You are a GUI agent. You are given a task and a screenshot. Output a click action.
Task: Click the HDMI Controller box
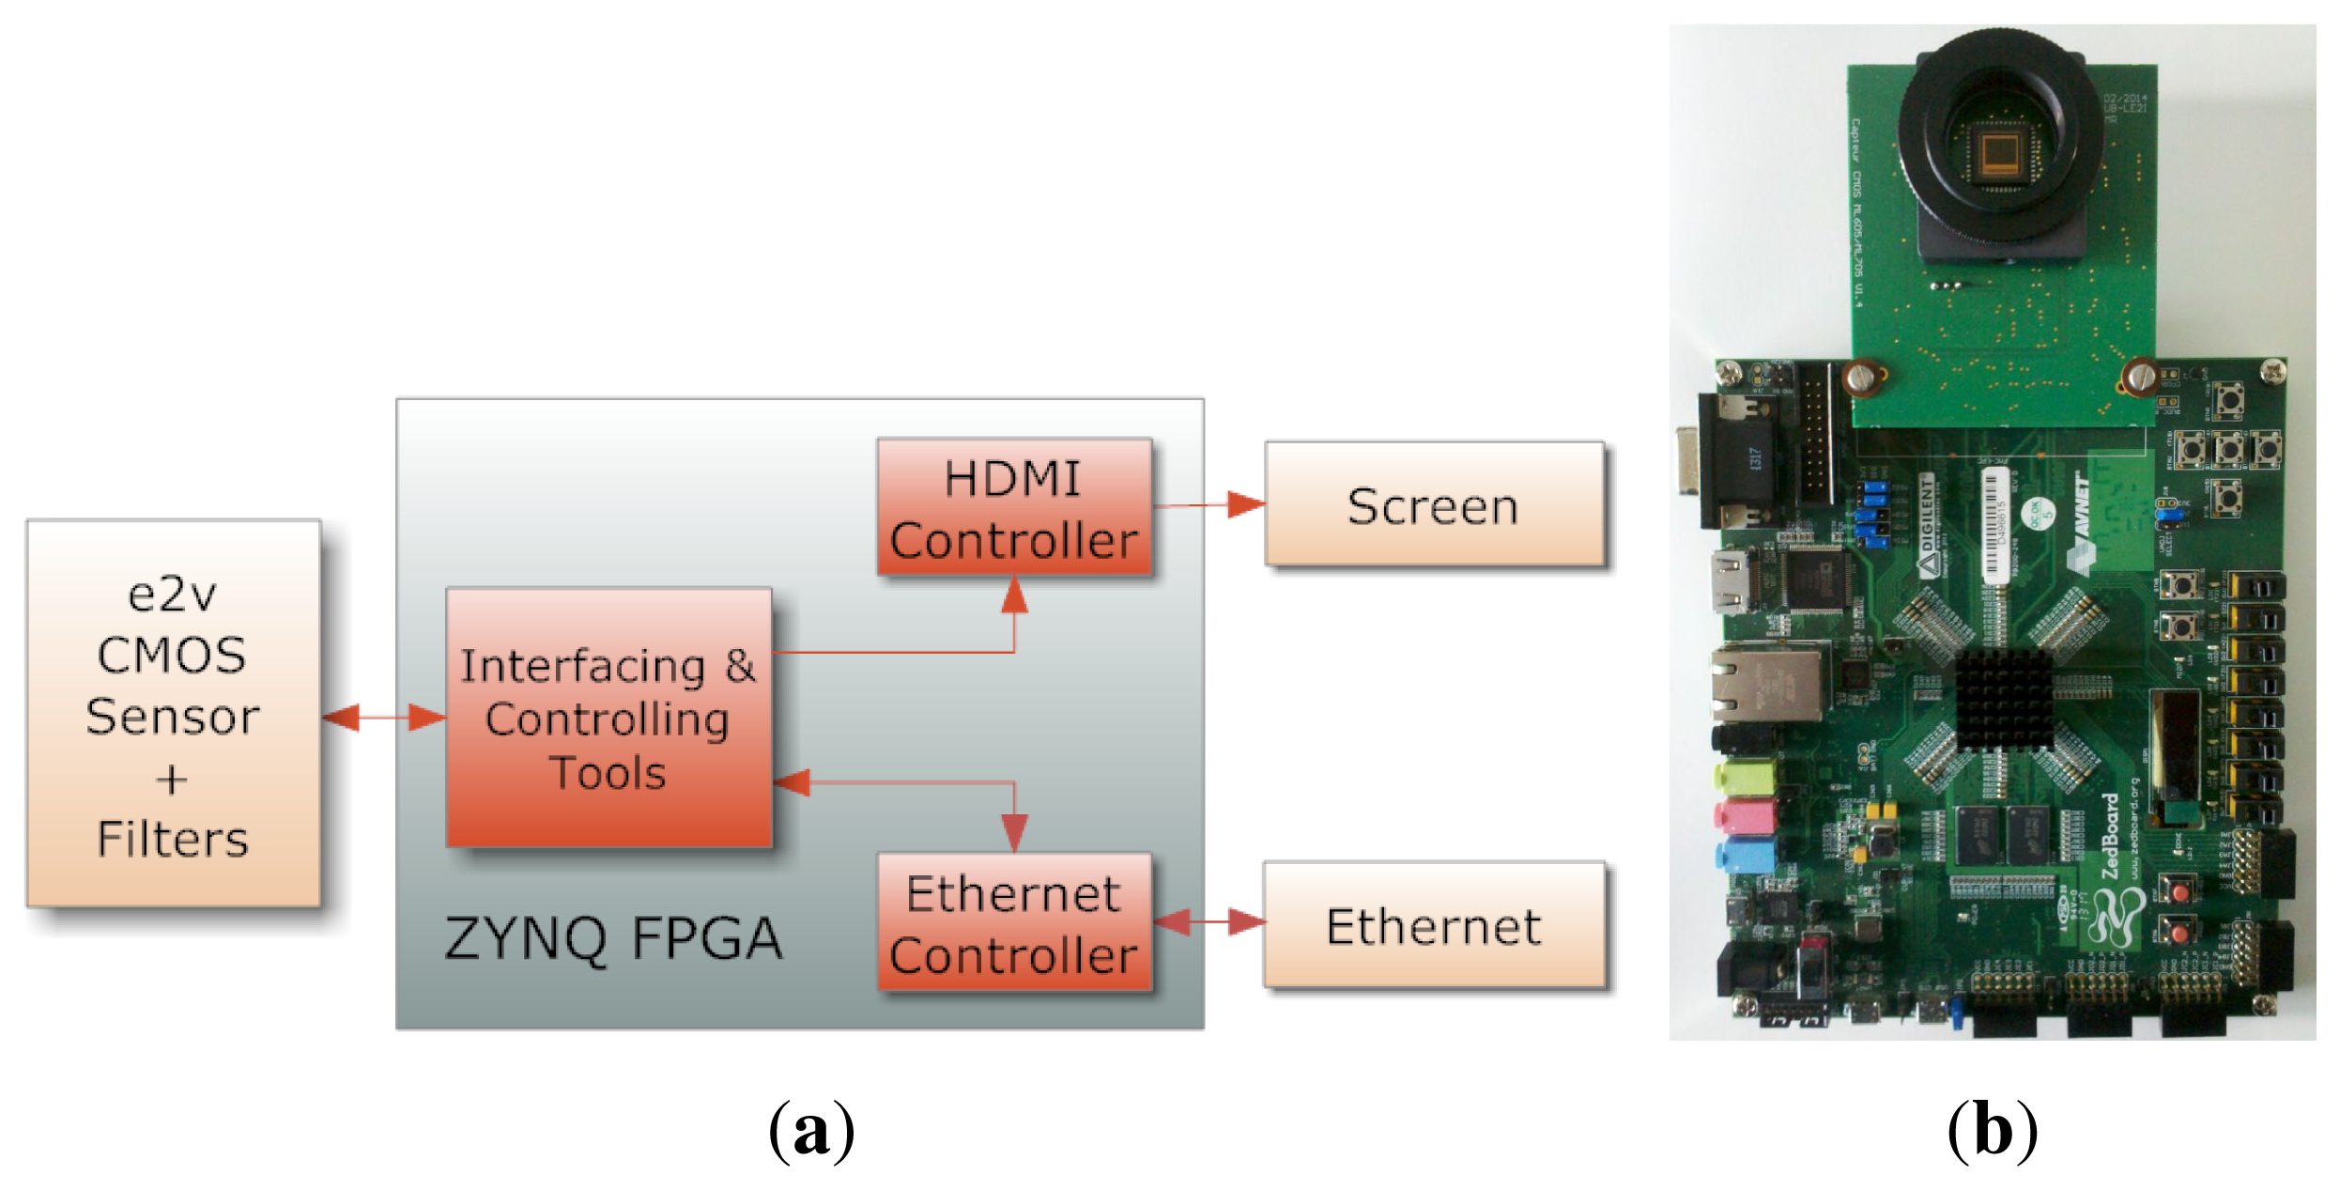[x=1014, y=507]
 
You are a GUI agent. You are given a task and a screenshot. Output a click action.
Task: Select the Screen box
[x=1434, y=504]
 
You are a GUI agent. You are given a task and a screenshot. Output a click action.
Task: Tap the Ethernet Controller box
[x=1014, y=923]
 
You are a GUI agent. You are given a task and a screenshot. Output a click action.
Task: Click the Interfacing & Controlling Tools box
[x=608, y=719]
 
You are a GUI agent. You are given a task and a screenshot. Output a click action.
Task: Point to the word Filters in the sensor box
[x=173, y=839]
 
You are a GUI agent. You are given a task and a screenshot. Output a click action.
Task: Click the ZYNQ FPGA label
[x=613, y=938]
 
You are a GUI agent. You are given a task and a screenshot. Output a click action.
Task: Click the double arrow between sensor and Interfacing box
[x=383, y=719]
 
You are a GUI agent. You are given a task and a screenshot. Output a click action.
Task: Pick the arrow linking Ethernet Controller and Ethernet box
[x=1209, y=922]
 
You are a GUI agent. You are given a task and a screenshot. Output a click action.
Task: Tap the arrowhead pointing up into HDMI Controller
[x=1014, y=595]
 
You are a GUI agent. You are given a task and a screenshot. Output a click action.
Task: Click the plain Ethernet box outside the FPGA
[x=1434, y=925]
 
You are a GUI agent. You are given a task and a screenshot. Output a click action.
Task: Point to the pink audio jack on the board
[x=1744, y=815]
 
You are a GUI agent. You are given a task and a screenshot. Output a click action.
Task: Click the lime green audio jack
[x=1744, y=777]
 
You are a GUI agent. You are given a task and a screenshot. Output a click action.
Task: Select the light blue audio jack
[x=1744, y=856]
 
